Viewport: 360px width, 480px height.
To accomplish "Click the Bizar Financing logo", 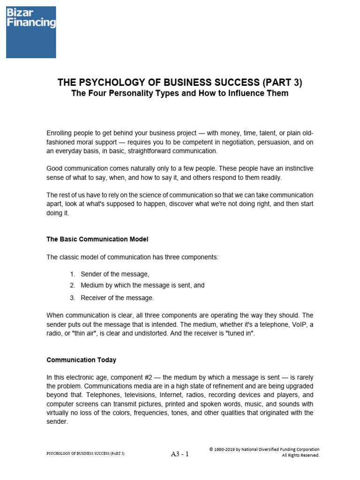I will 31,32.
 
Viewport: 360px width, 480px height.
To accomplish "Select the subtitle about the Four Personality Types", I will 180,93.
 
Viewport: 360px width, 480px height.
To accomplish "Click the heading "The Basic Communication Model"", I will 97,239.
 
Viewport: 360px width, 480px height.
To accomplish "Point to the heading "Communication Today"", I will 81,360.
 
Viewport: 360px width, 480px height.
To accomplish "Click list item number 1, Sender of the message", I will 115,274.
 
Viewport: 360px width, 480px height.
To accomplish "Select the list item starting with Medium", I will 142,285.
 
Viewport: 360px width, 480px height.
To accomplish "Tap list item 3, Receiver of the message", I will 117,298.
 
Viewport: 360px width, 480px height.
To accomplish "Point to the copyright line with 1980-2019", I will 264,449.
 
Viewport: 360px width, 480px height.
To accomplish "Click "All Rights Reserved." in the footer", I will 300,455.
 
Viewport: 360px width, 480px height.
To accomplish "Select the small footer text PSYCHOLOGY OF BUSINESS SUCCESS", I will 85,454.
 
